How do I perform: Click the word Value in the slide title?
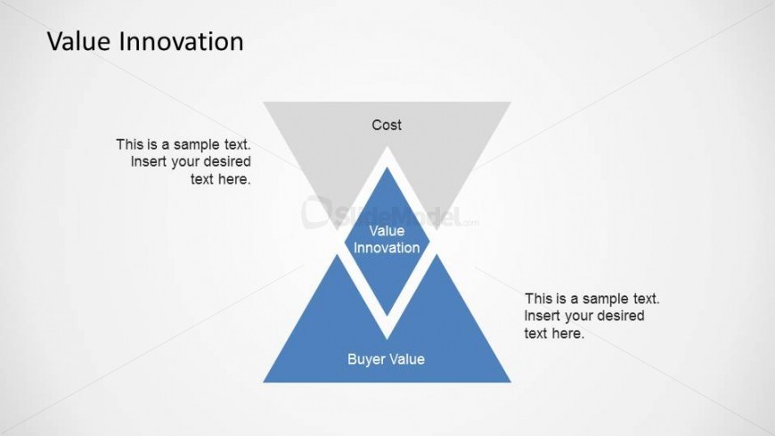(x=79, y=41)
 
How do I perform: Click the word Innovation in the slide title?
(x=182, y=41)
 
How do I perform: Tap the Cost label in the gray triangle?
(x=387, y=125)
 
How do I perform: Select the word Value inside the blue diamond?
(x=387, y=231)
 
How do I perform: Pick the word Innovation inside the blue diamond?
(x=387, y=248)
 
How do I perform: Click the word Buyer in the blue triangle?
(x=365, y=359)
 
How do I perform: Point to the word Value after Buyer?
(x=406, y=358)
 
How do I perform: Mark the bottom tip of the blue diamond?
(x=387, y=316)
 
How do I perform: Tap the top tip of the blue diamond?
(x=387, y=168)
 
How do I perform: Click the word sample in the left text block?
(x=197, y=144)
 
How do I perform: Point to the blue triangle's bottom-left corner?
(x=264, y=382)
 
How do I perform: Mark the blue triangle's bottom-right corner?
(x=510, y=382)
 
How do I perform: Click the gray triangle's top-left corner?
(x=264, y=103)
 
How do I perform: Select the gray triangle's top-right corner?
(x=510, y=103)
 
